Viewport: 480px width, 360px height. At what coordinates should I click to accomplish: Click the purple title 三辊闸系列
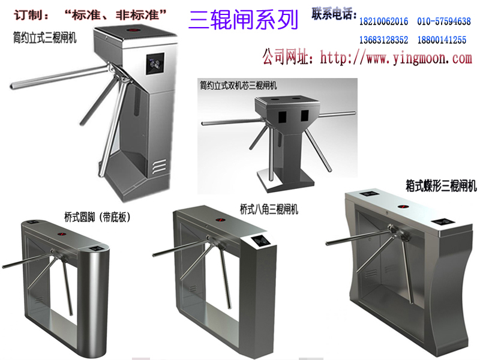244,20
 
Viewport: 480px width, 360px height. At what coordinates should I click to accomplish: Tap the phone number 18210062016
383,22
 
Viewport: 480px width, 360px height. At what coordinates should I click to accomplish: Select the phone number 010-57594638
444,22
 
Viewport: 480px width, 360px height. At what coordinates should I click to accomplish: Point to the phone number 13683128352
383,40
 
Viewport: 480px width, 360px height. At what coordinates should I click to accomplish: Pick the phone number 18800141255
442,40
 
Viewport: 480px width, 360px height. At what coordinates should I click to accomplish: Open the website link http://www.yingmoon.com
396,58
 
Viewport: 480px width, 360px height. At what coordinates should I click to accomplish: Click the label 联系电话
333,14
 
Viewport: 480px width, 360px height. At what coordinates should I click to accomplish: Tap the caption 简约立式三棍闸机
44,38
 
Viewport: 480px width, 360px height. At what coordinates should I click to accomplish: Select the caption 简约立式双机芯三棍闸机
238,85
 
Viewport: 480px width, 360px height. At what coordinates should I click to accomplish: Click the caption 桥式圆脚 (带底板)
97,217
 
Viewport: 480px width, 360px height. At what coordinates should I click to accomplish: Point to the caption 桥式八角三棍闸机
269,209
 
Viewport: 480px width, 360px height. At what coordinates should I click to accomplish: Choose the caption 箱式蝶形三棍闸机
441,185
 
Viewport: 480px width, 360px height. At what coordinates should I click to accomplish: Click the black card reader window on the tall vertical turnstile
155,64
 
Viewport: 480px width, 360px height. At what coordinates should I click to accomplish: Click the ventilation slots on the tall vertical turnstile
158,166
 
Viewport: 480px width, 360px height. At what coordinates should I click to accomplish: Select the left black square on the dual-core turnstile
282,116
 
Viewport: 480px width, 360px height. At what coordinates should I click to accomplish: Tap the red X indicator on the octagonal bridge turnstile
219,220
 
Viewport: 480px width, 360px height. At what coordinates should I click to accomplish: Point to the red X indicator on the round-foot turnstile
62,234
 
